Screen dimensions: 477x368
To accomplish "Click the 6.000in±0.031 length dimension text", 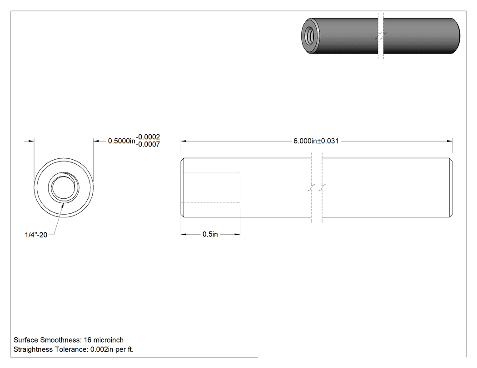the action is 316,141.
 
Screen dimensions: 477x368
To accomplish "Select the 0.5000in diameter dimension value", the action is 122,141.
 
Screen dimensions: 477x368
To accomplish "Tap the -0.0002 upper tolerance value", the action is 148,137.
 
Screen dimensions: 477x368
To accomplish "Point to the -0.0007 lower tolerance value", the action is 148,144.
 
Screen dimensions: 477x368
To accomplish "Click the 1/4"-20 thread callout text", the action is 36,235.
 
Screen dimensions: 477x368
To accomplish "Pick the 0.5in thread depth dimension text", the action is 210,234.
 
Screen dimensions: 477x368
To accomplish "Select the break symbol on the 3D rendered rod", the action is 381,36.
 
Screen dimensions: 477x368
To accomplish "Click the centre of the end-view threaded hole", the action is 64,187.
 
